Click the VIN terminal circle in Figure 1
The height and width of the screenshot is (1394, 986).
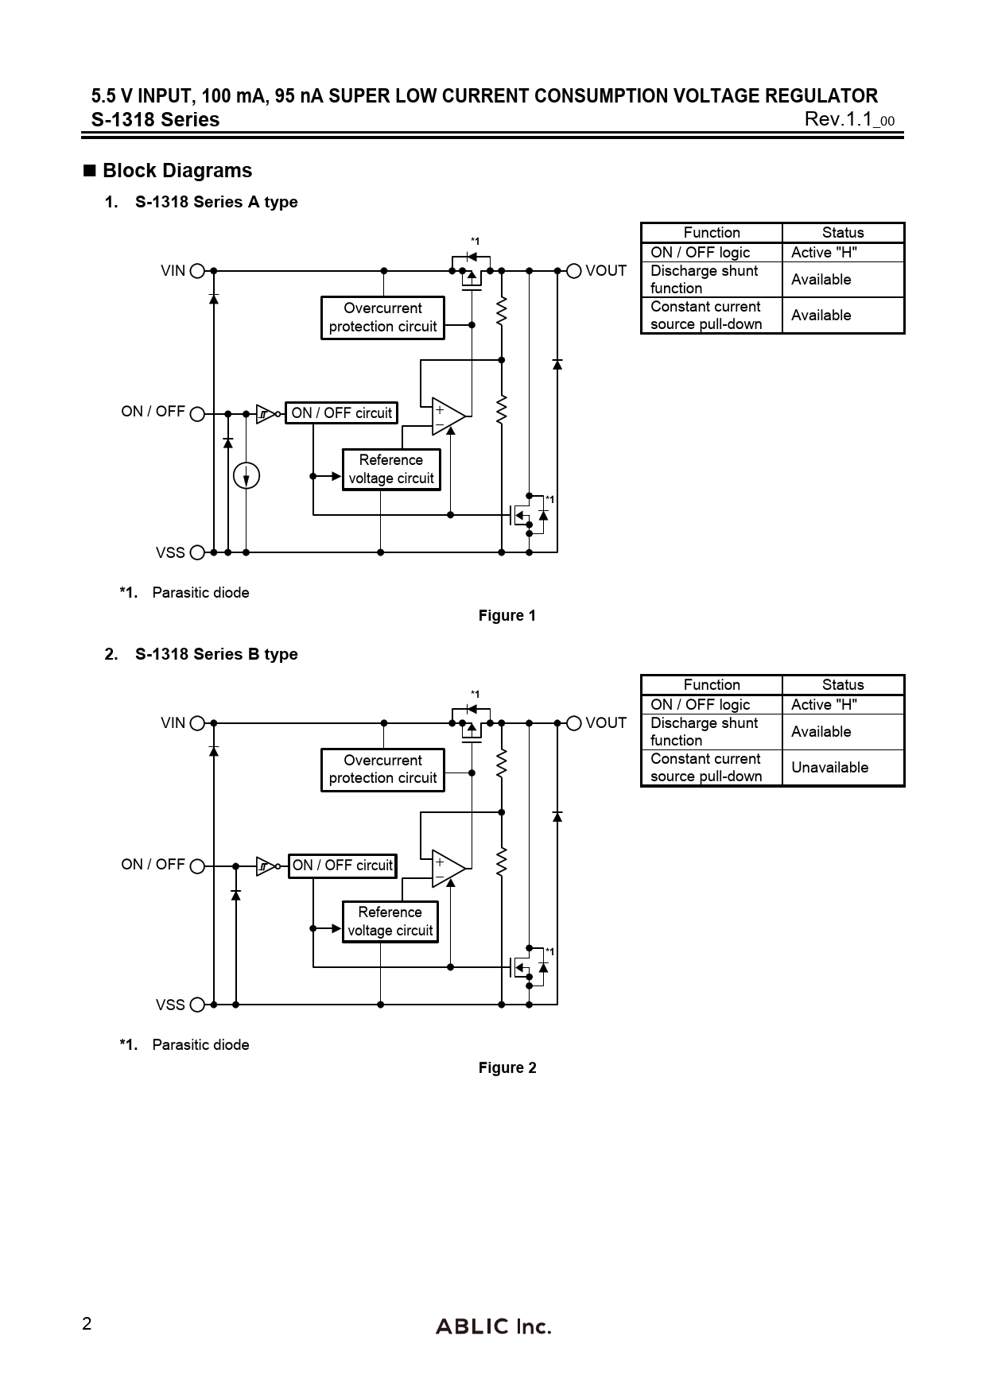click(197, 271)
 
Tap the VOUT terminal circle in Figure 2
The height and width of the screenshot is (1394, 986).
click(574, 723)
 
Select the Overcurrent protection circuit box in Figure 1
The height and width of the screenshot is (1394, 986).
click(382, 318)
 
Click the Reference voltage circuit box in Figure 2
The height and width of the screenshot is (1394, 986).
click(390, 922)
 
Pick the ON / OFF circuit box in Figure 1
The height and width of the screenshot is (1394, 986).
click(341, 413)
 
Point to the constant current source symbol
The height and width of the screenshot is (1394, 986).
click(247, 476)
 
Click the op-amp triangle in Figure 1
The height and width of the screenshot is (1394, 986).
click(448, 416)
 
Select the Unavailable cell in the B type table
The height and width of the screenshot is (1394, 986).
click(829, 768)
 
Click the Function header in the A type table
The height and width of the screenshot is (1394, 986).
click(712, 233)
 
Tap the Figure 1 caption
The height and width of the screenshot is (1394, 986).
click(507, 616)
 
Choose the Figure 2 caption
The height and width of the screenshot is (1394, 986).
click(507, 1068)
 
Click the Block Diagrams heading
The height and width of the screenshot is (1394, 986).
click(177, 171)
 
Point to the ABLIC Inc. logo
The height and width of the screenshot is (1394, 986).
click(493, 1326)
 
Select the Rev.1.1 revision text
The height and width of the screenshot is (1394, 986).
click(848, 120)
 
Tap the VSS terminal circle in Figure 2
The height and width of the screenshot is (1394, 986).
click(197, 1005)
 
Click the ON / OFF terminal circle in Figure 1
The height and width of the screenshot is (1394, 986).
click(197, 413)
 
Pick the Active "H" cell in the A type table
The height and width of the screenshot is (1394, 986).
click(824, 253)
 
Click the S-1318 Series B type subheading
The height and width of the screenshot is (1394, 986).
click(216, 655)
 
